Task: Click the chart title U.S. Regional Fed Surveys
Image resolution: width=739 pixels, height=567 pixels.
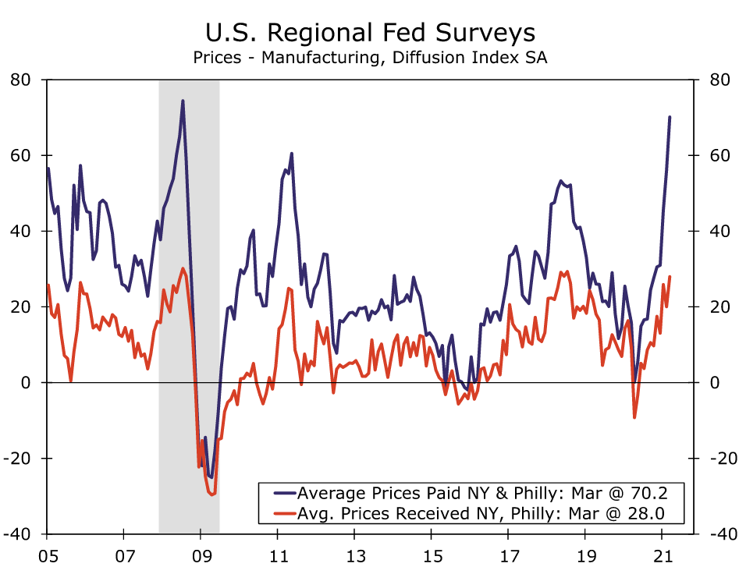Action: coord(370,33)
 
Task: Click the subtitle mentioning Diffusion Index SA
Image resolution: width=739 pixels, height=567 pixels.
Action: coord(370,58)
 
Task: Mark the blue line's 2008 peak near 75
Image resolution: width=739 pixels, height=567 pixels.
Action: coord(182,101)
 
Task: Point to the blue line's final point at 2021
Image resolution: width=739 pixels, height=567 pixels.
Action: coord(670,117)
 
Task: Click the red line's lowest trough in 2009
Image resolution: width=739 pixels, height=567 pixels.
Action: coord(212,494)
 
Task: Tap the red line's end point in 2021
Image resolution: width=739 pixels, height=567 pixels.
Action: coord(670,277)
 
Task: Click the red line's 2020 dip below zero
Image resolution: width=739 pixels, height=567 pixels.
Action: coord(634,417)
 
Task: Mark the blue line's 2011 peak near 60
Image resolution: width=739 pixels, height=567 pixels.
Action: coord(291,154)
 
